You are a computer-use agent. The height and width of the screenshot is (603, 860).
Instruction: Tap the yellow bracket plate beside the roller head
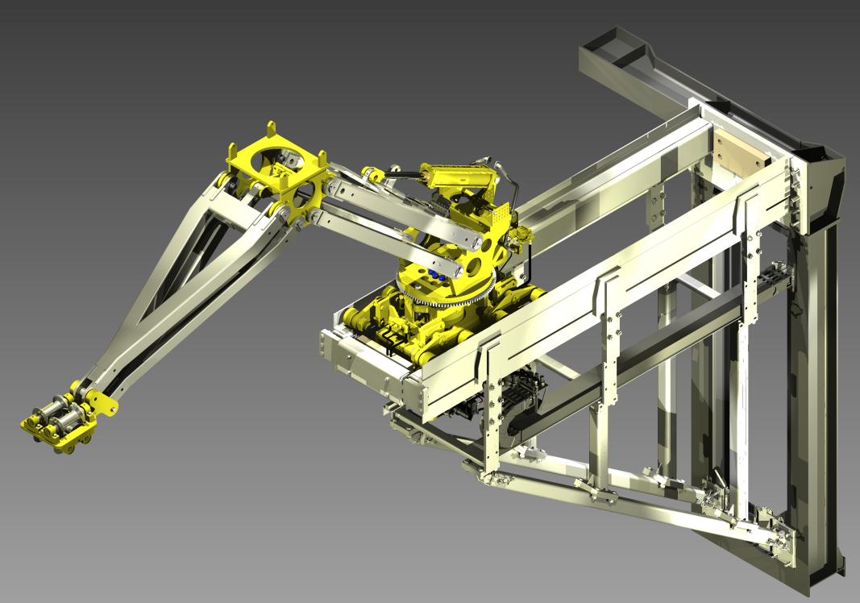(100, 403)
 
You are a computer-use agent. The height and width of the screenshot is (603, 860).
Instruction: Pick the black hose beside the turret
(513, 193)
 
